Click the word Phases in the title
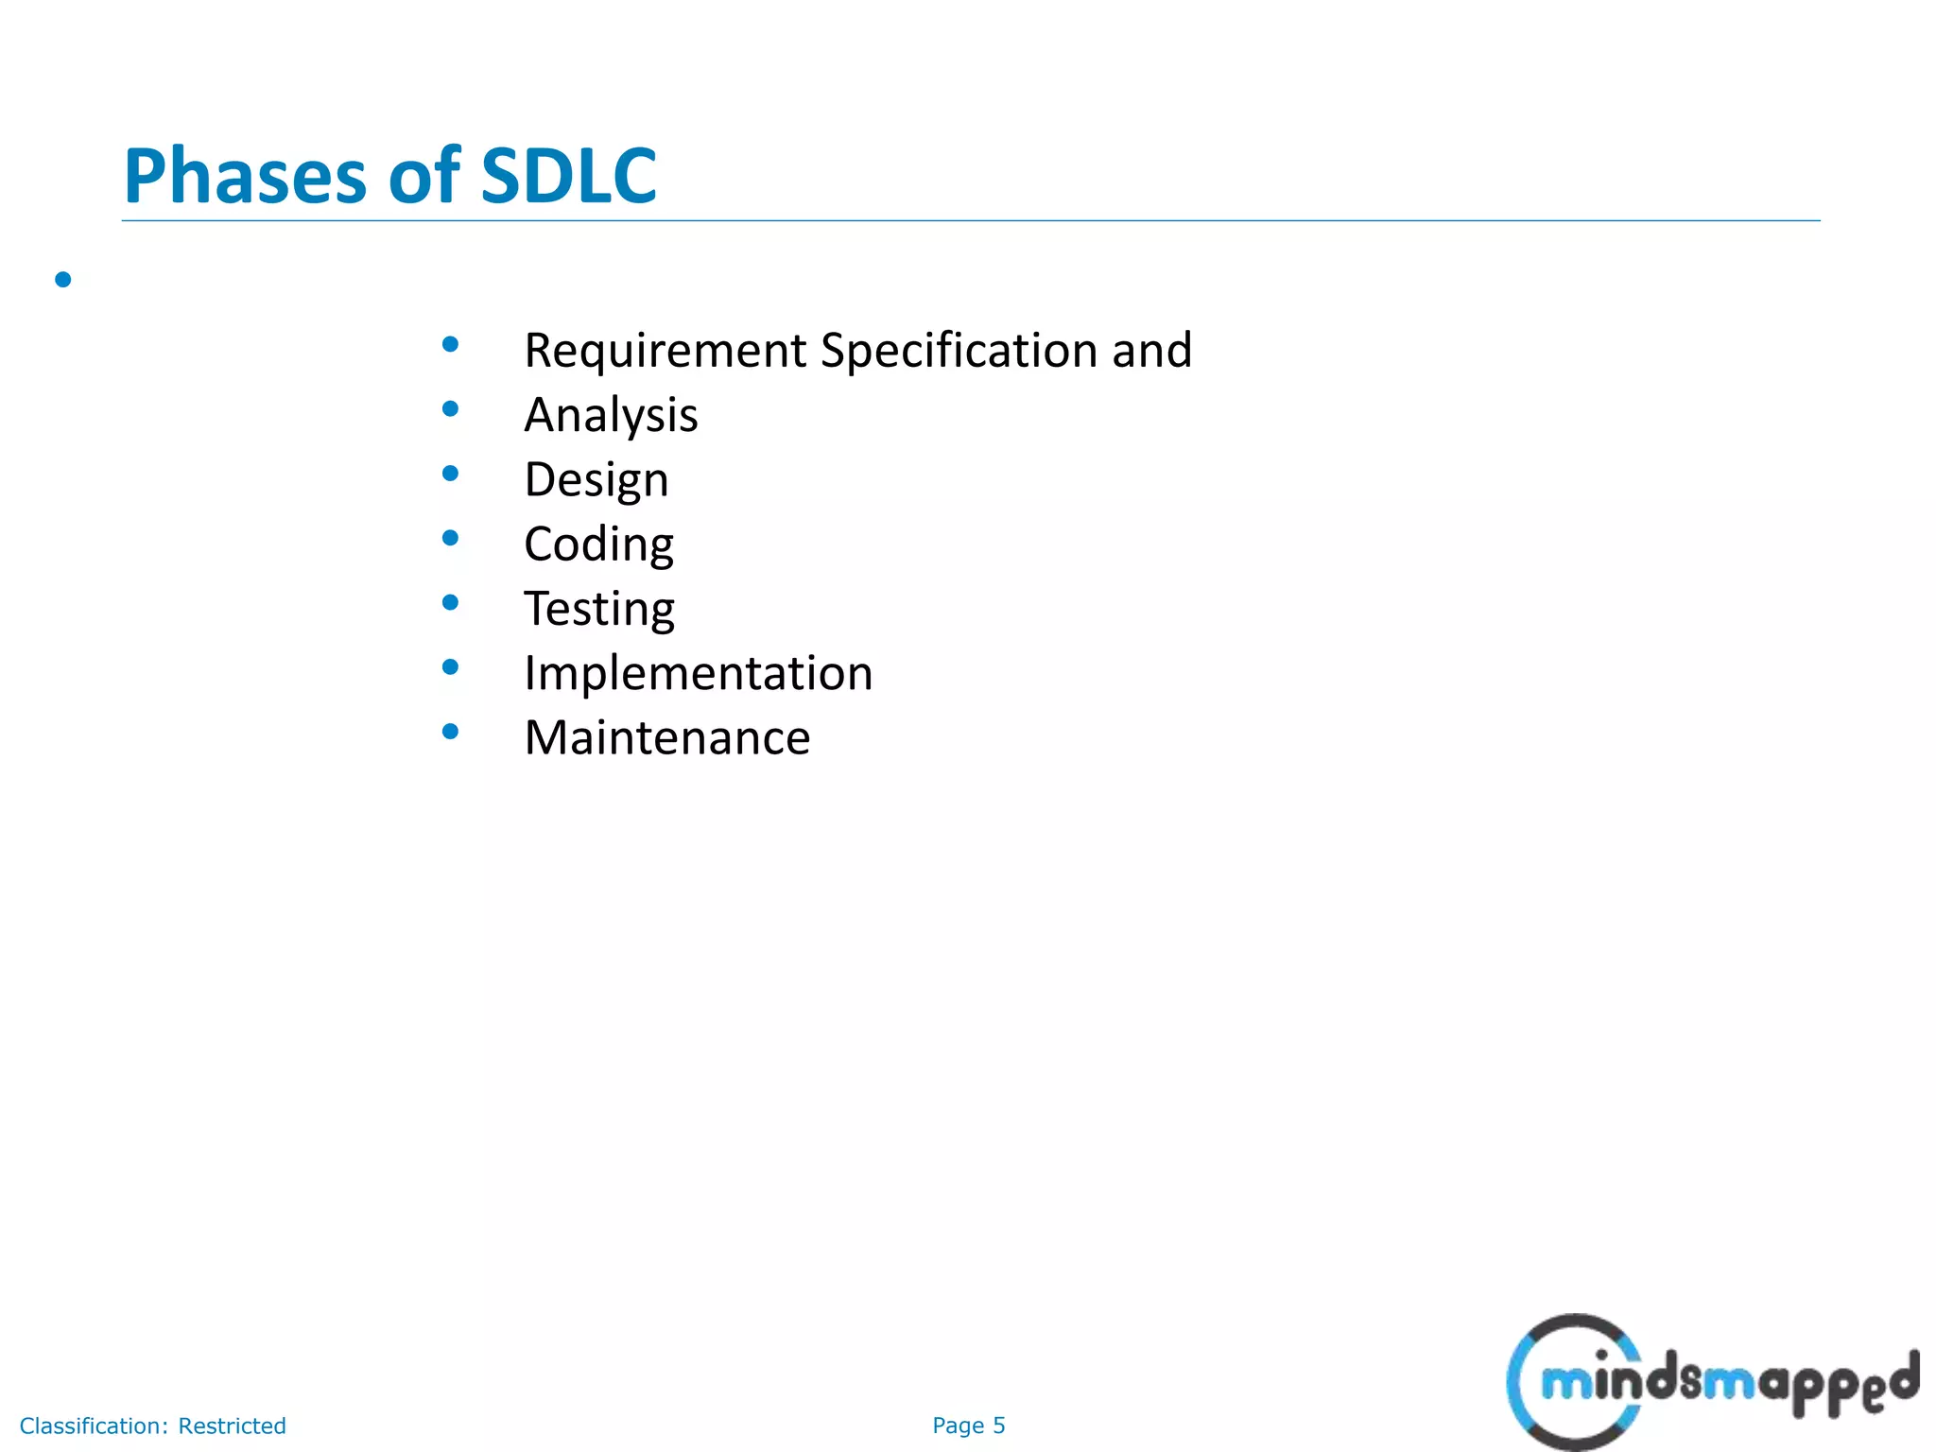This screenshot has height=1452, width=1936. [x=245, y=177]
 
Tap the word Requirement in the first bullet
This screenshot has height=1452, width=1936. [x=665, y=351]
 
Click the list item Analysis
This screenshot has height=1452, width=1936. [x=611, y=415]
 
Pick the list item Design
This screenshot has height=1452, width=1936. [x=596, y=480]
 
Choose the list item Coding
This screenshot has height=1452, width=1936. [x=598, y=544]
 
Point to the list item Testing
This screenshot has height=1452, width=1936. [x=599, y=609]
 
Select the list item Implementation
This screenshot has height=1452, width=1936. [x=698, y=673]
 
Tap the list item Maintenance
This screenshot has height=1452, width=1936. [x=666, y=737]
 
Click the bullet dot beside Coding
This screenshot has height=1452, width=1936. [x=450, y=538]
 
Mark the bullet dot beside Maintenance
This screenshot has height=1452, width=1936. [x=450, y=731]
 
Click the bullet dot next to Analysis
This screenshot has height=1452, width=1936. [x=450, y=408]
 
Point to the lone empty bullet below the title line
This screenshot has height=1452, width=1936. [x=63, y=279]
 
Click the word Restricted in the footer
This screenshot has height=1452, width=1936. [x=232, y=1426]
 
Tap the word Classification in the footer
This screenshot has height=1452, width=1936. [x=94, y=1426]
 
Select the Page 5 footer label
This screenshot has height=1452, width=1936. [x=968, y=1426]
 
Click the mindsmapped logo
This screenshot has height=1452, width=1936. [x=1711, y=1382]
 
